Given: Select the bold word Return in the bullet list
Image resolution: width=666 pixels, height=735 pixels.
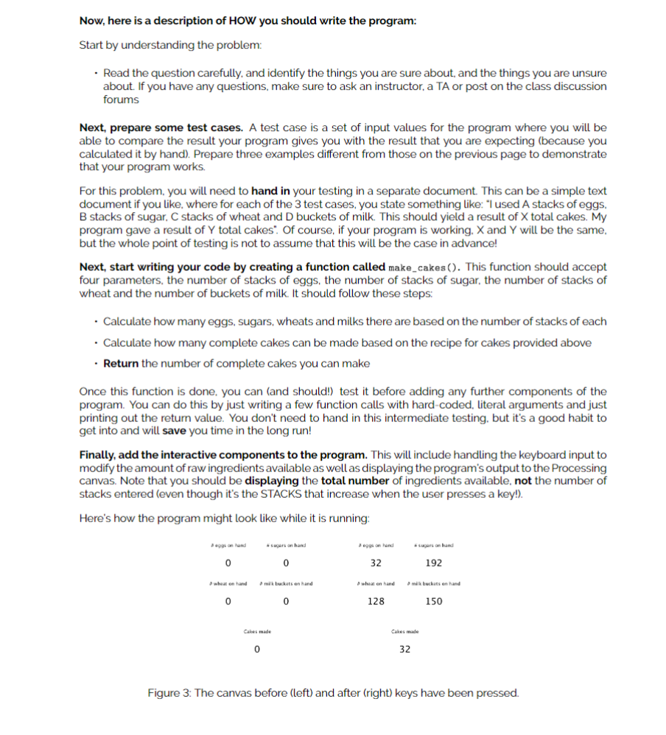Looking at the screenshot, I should [121, 363].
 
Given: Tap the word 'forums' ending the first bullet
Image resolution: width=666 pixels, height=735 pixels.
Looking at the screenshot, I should [121, 99].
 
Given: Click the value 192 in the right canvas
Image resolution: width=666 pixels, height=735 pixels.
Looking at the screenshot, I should [434, 563].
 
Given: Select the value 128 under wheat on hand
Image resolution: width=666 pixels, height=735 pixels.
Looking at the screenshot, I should [376, 601].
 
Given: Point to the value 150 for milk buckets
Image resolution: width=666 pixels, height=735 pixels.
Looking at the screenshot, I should [434, 601].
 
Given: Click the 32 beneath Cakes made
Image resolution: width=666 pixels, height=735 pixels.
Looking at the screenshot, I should [404, 650].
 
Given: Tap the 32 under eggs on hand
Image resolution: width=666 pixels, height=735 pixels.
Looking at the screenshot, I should [376, 563].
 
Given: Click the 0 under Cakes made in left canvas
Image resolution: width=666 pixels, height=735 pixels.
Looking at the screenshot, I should [256, 650].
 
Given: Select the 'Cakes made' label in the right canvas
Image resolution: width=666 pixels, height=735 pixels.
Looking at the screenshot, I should [404, 631].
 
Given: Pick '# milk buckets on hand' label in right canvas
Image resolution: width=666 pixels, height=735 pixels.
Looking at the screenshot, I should [434, 583].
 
